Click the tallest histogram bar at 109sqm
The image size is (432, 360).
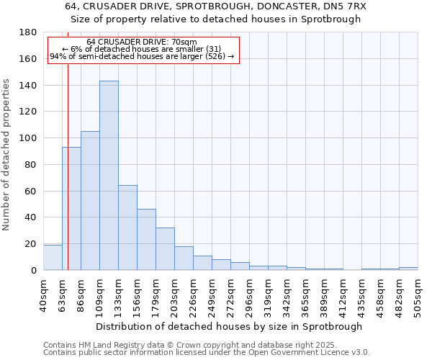tap(109, 176)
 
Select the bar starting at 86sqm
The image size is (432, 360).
tap(90, 201)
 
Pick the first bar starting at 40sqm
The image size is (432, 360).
tap(53, 258)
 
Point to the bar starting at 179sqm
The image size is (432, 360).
tap(165, 249)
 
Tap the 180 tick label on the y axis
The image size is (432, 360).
tap(30, 32)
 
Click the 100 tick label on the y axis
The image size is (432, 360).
tap(30, 138)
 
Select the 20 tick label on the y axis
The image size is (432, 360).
tap(32, 244)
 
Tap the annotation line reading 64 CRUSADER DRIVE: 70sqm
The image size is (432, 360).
tap(141, 42)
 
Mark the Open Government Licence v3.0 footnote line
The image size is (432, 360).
tap(207, 353)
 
